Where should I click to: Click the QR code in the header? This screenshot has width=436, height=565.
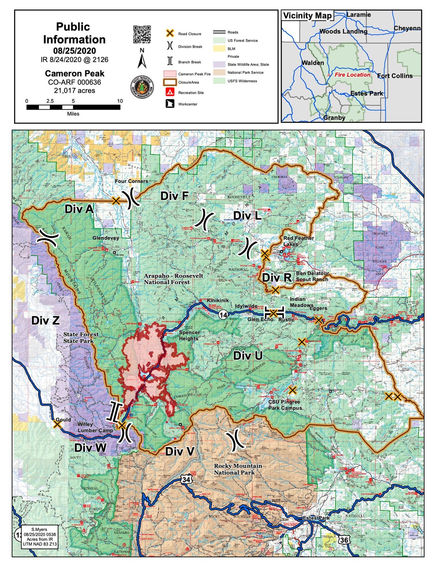tap(142, 34)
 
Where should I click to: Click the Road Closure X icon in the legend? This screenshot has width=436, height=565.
tap(170, 33)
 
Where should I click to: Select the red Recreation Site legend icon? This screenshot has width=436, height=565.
tap(170, 92)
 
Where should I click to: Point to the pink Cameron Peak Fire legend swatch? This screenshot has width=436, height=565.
tap(170, 74)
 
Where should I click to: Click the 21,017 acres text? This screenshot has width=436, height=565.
tap(75, 91)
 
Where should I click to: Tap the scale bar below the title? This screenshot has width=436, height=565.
tap(73, 107)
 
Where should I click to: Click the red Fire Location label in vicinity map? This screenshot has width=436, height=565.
tap(352, 75)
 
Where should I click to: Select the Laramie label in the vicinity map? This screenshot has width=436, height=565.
tap(358, 15)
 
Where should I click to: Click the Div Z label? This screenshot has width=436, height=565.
tap(45, 320)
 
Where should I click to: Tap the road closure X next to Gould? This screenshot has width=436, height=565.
tap(57, 424)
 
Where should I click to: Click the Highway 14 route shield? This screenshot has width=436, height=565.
tap(223, 315)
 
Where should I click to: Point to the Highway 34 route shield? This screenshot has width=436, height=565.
tap(186, 479)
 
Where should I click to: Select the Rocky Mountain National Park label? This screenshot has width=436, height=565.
tap(238, 469)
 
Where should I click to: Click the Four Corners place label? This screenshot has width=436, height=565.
tap(132, 181)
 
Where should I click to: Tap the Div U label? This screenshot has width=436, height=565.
tap(248, 355)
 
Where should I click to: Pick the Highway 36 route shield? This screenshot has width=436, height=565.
tap(344, 540)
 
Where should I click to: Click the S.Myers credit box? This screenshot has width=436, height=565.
tap(39, 537)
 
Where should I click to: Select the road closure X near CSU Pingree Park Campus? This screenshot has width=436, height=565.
tap(292, 390)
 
